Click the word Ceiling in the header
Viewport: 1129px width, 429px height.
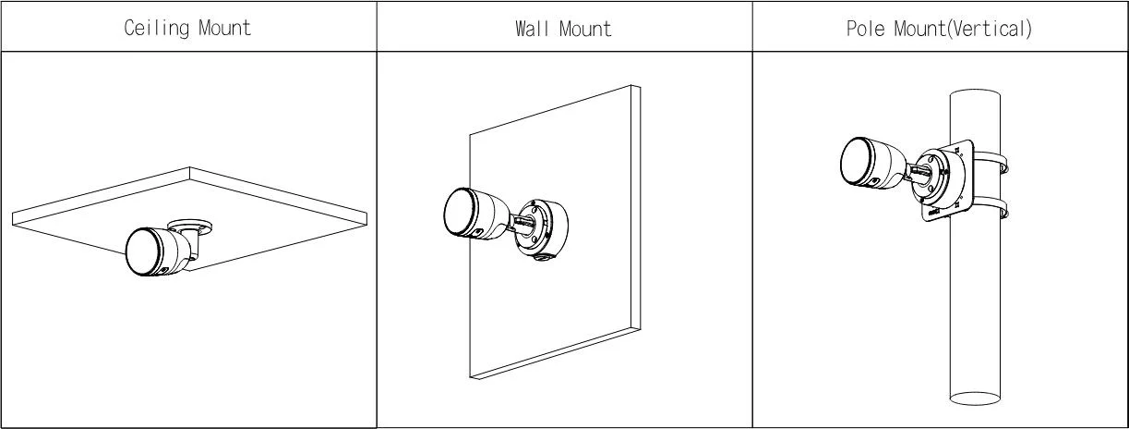click(x=156, y=28)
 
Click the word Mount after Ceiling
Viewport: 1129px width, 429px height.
click(x=225, y=27)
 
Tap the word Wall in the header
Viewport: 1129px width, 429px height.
click(x=532, y=29)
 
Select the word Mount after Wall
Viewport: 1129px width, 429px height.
click(x=585, y=29)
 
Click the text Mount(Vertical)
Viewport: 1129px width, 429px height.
click(x=963, y=29)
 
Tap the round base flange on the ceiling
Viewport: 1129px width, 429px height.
click(x=189, y=227)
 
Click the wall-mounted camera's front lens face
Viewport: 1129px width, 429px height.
click(x=459, y=212)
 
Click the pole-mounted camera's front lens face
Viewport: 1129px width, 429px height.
click(x=856, y=162)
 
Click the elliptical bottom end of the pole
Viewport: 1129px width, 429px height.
click(x=975, y=398)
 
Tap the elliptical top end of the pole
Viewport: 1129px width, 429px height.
click(x=975, y=96)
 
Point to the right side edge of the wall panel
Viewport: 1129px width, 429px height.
click(x=635, y=207)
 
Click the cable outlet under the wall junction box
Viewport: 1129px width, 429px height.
click(x=542, y=260)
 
